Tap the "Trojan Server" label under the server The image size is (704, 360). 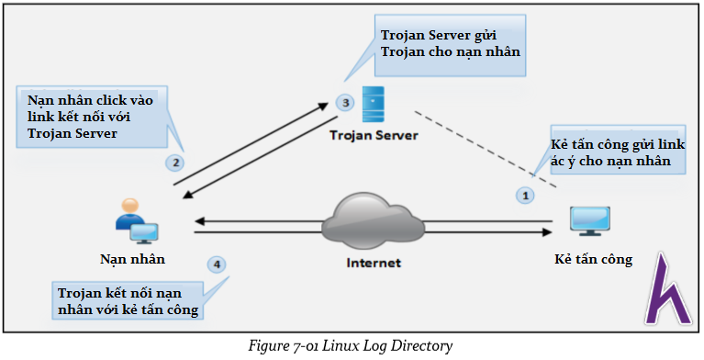point(374,135)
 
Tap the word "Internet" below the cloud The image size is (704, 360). point(374,263)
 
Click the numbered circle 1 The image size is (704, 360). point(525,195)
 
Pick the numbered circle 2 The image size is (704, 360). point(173,163)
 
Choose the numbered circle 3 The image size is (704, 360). point(345,102)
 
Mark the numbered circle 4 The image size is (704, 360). point(217,264)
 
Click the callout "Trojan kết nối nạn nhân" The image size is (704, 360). point(129,301)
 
